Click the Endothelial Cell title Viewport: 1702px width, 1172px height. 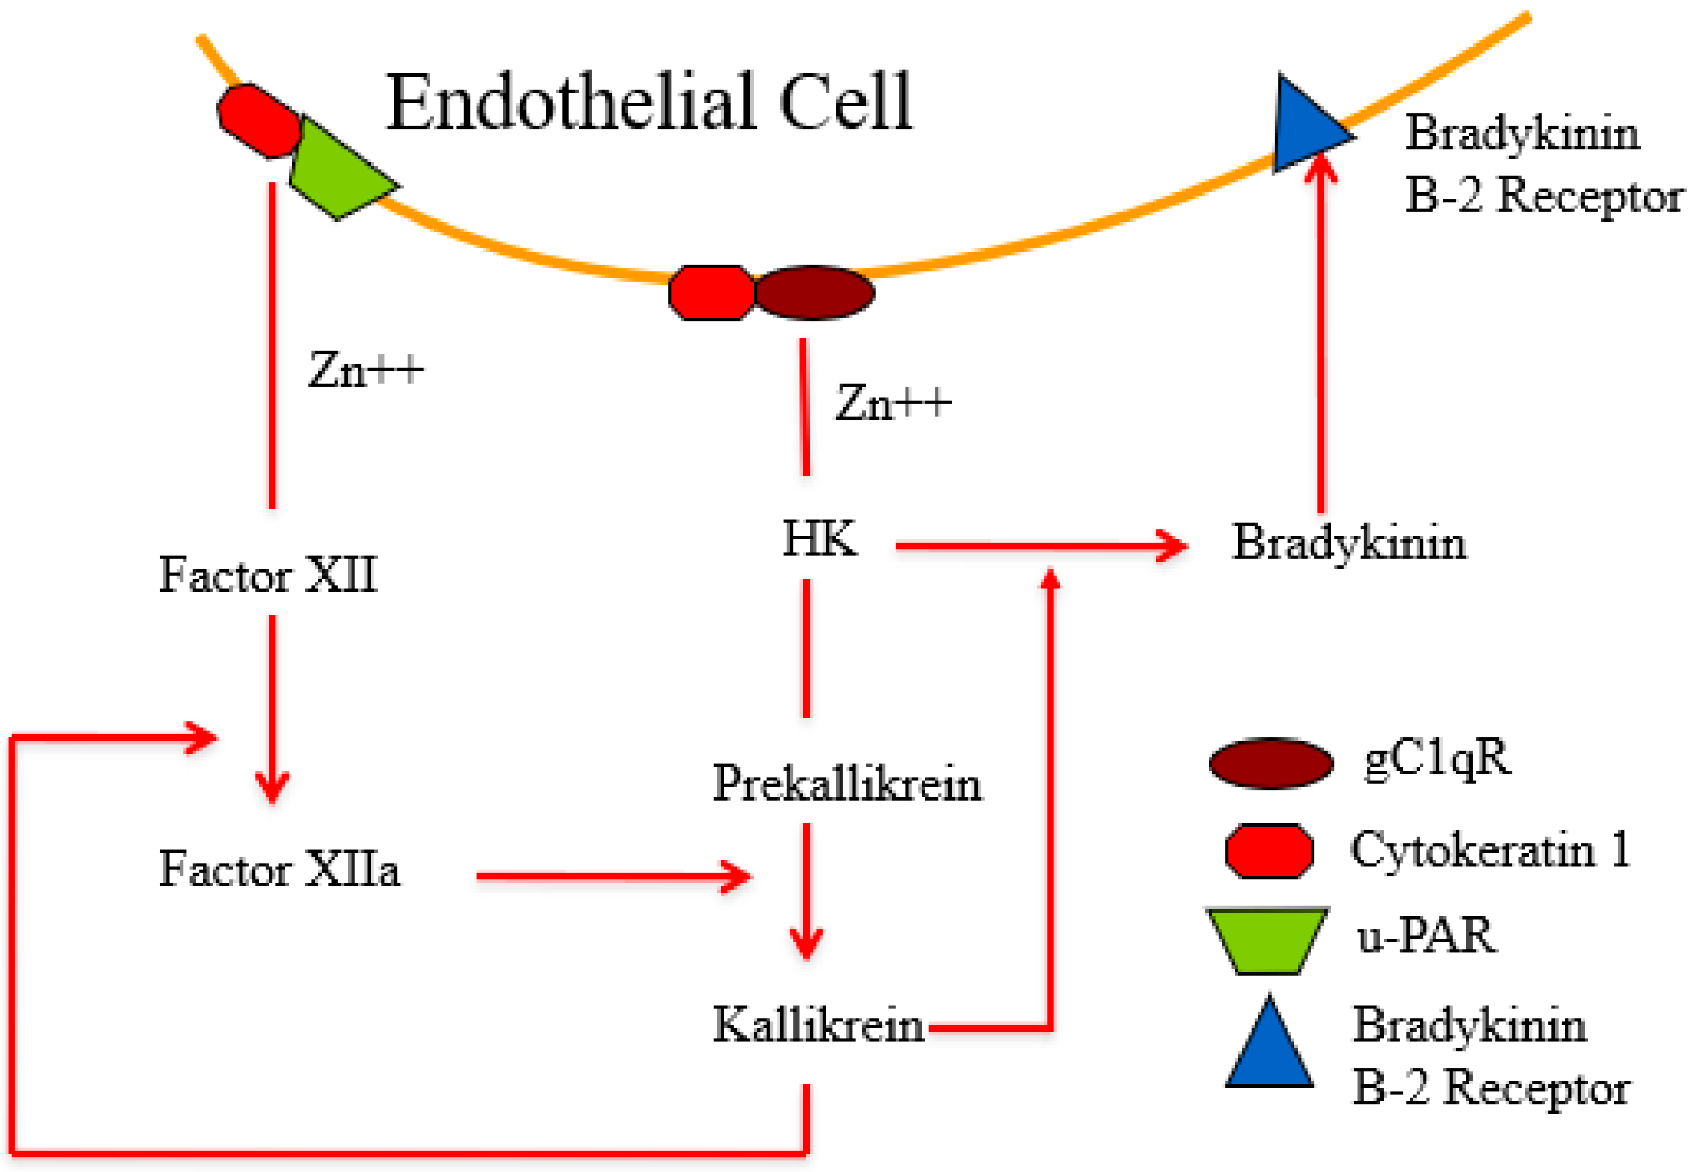click(x=648, y=103)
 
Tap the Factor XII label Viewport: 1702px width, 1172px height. click(x=268, y=574)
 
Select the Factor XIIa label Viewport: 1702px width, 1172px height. click(x=279, y=869)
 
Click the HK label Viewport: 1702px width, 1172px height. click(x=819, y=539)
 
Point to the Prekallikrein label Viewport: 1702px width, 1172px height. click(x=847, y=784)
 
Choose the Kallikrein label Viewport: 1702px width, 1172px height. click(x=818, y=1025)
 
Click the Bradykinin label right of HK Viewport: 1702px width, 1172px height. click(x=1349, y=543)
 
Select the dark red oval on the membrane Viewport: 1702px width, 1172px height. click(x=814, y=293)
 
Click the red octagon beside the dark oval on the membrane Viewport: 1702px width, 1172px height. click(x=711, y=293)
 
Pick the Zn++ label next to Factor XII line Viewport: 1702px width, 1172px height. click(x=366, y=369)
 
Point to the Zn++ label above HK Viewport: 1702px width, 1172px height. click(x=892, y=403)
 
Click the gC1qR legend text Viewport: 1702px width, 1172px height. click(x=1437, y=759)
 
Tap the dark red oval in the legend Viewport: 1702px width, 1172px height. click(x=1271, y=763)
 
